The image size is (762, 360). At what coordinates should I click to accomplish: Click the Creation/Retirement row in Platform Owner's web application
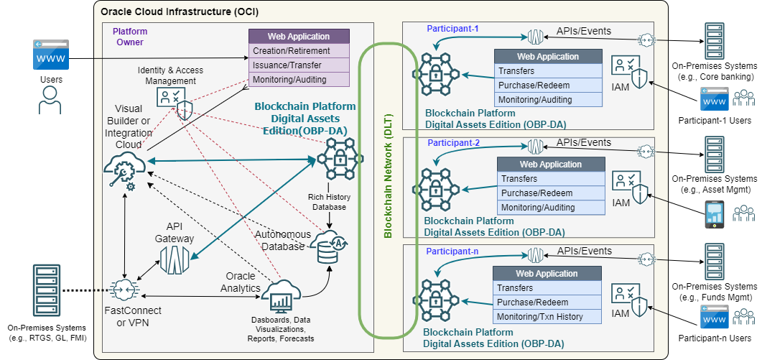coord(299,51)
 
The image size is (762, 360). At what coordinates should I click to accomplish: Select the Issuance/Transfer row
coord(299,65)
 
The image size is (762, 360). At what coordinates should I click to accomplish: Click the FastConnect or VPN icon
coord(125,291)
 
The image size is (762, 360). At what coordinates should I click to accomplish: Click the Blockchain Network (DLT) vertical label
coord(388,190)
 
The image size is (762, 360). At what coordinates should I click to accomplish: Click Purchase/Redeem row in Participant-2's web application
coord(550,193)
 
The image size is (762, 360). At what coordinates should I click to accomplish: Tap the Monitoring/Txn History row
coord(547,317)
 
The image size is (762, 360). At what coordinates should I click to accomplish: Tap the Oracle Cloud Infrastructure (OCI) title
coord(180,12)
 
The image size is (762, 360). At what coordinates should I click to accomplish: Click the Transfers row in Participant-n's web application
coord(547,288)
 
